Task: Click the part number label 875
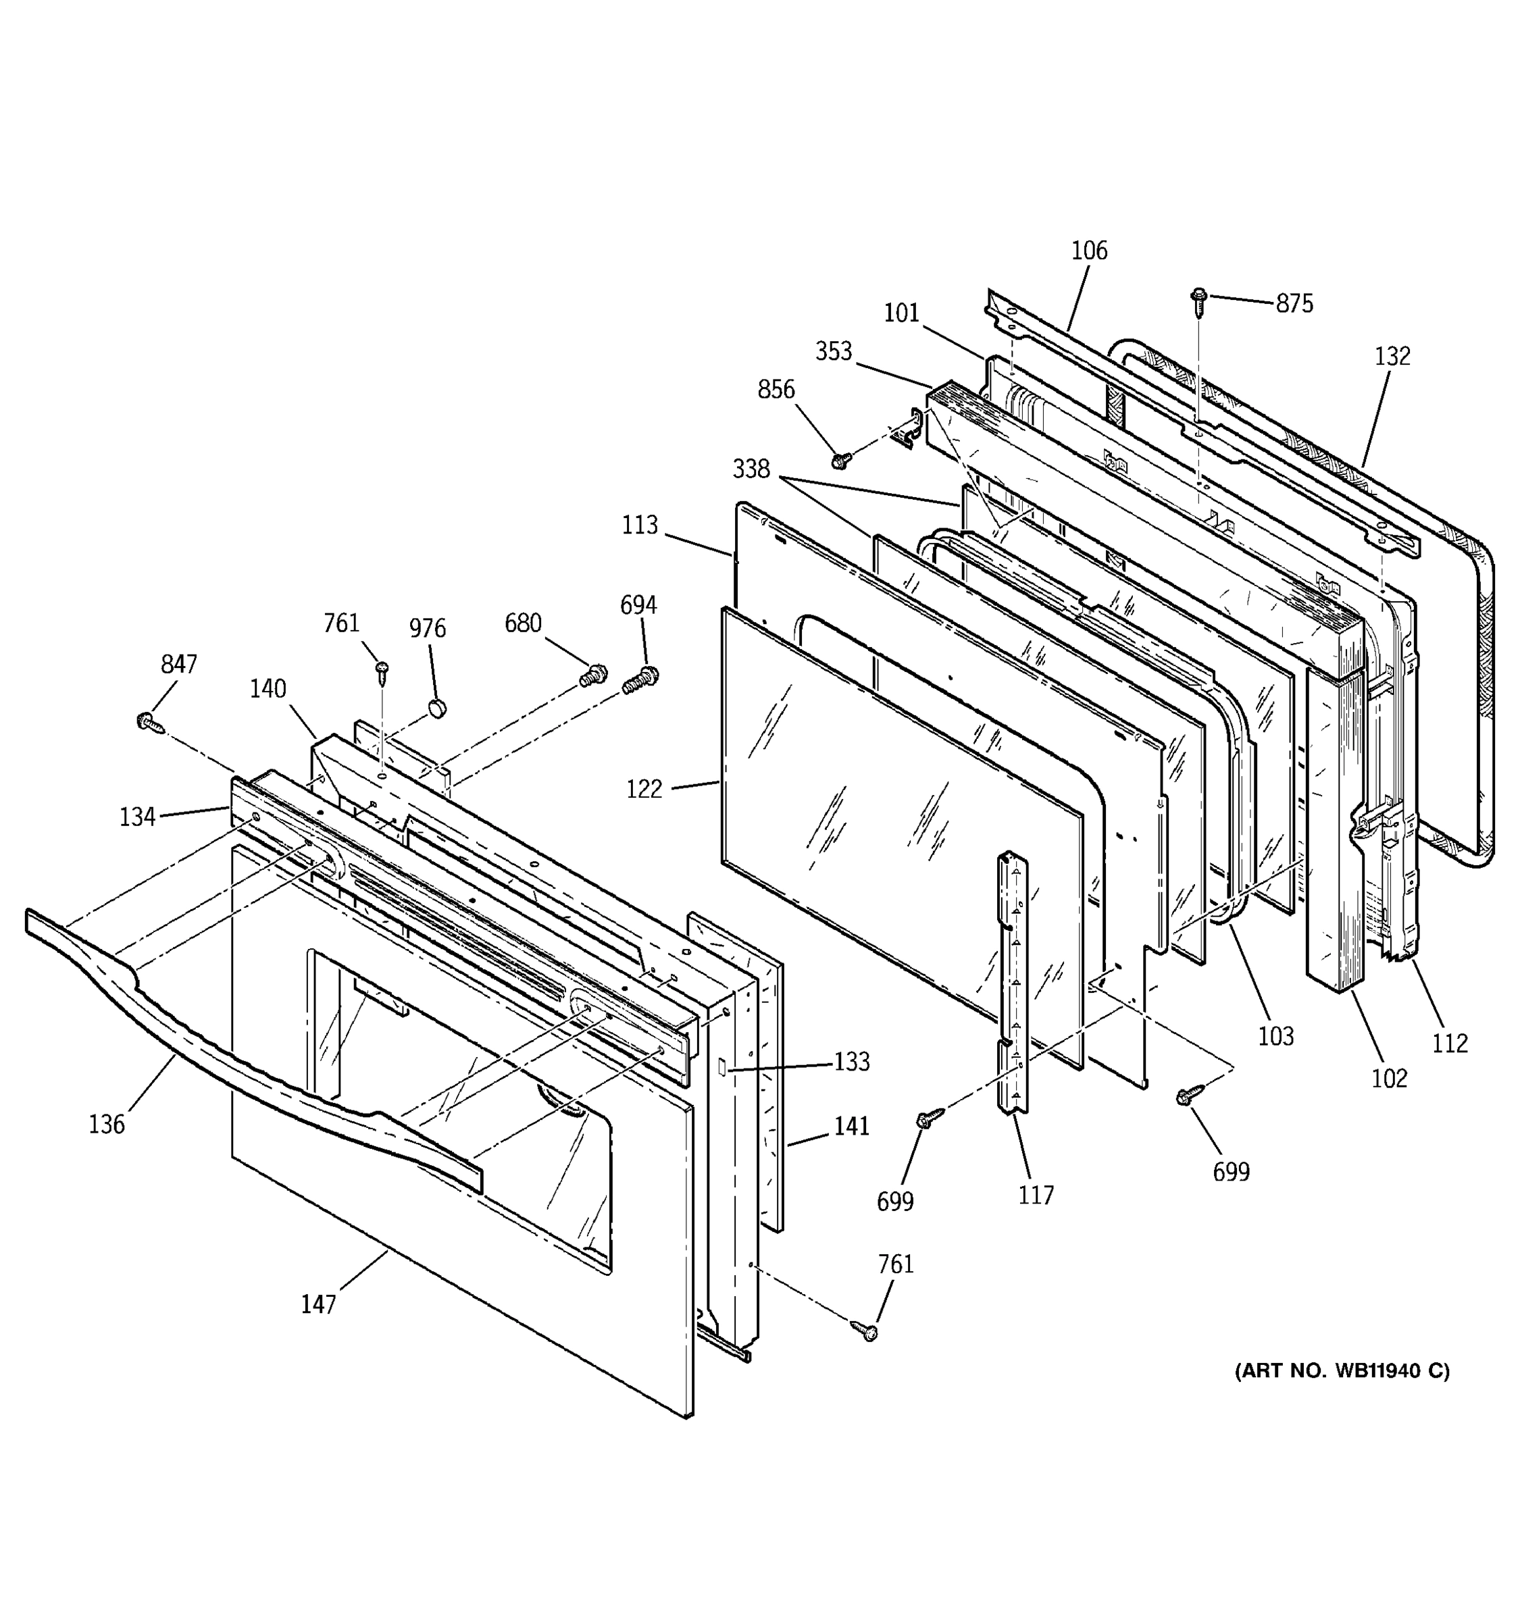[x=1294, y=303]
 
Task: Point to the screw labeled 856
[x=840, y=461]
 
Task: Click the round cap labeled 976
[x=438, y=706]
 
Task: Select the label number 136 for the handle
[x=107, y=1125]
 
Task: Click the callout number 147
[x=318, y=1305]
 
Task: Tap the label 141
[x=851, y=1126]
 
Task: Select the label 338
[x=751, y=469]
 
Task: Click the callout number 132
[x=1392, y=357]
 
